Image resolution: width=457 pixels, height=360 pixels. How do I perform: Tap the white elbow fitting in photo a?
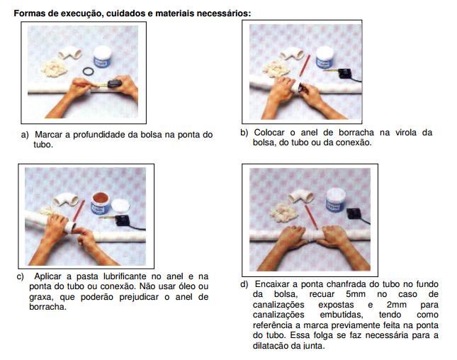70,53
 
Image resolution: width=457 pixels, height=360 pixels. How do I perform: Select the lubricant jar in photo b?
325,58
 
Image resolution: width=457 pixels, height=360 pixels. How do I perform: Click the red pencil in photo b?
305,65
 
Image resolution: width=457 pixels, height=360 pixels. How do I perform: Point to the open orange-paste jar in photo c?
101,203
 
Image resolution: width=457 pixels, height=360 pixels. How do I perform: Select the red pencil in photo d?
311,217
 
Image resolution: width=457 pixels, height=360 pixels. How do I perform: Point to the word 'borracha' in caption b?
356,133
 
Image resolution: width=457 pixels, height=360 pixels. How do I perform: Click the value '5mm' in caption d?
356,294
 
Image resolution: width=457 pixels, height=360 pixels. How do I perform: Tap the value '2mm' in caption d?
396,305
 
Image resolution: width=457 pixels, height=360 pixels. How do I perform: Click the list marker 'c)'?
21,276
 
